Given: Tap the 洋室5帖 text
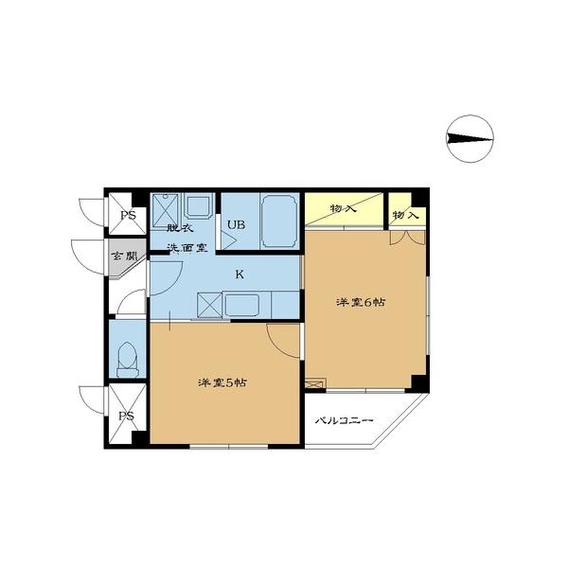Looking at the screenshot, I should (223, 382).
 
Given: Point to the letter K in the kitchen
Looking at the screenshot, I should (240, 275).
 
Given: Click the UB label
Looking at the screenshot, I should (235, 224).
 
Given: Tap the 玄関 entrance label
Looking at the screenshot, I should (125, 257).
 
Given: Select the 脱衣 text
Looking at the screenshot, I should (180, 229).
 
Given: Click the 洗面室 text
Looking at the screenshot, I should (188, 248).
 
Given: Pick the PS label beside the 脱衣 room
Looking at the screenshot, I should (126, 215).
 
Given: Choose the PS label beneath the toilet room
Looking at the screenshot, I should (125, 417).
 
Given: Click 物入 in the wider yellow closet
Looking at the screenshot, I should (343, 208).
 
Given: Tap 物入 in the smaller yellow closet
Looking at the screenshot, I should (405, 216).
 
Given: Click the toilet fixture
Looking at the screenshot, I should (128, 357).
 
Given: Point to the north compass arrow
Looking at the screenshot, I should (469, 139).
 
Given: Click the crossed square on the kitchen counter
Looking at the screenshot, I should (209, 305).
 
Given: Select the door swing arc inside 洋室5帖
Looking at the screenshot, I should (282, 339).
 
